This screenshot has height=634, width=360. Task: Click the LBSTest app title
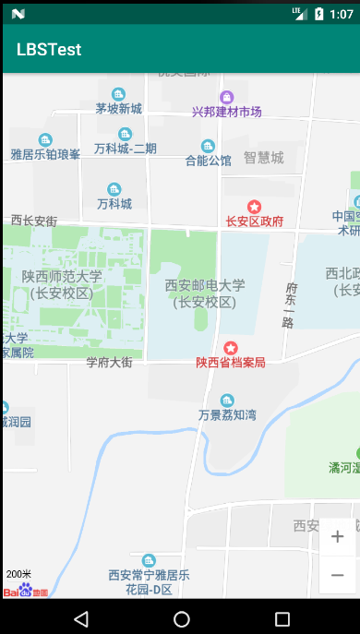(49, 50)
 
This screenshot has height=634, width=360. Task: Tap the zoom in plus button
(338, 536)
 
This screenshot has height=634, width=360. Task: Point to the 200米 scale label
(18, 574)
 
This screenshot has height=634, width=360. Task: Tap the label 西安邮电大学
(205, 285)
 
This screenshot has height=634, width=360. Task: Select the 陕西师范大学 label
(62, 276)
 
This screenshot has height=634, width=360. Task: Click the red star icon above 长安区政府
(255, 206)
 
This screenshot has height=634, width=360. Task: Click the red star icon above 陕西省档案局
(231, 348)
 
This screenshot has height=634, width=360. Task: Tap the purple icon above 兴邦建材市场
(226, 96)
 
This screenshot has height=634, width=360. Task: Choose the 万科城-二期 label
(126, 149)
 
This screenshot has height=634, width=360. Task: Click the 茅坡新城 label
(118, 109)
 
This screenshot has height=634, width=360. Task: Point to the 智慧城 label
(263, 157)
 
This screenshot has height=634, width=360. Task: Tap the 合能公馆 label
(208, 161)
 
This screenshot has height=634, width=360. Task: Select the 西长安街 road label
(34, 221)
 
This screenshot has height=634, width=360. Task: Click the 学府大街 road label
(110, 363)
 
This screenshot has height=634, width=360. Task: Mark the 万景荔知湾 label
(227, 415)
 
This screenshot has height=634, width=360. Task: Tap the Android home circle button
(182, 617)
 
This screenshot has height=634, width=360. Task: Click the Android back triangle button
(81, 617)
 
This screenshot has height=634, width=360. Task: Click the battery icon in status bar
(318, 14)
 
